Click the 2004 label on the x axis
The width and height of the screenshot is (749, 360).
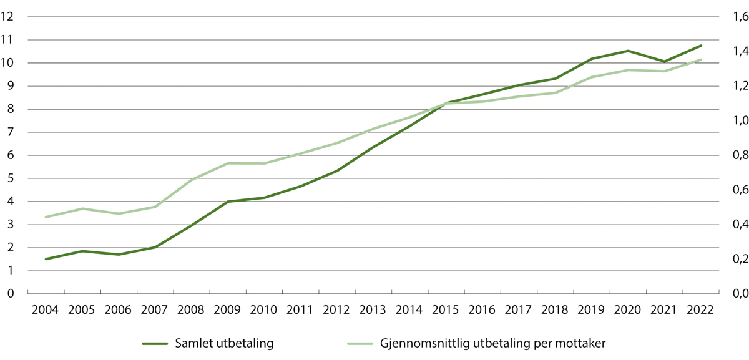pyautogui.click(x=46, y=309)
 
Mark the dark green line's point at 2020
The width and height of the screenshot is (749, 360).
pyautogui.click(x=628, y=51)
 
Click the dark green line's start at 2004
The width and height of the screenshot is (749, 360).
pyautogui.click(x=46, y=259)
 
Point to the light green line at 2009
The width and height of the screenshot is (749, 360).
pyautogui.click(x=228, y=163)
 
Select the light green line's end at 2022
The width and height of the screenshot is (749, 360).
pyautogui.click(x=701, y=60)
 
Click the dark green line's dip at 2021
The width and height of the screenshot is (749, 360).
pyautogui.click(x=665, y=61)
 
